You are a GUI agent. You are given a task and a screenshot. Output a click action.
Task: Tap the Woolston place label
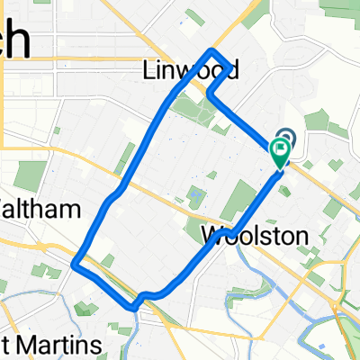[x=255, y=236]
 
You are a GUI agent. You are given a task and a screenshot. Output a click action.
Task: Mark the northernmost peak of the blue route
[x=211, y=50]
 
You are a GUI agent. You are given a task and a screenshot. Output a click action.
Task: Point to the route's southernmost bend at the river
[x=135, y=307]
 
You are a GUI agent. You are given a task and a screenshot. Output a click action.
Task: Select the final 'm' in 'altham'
[x=71, y=209]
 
